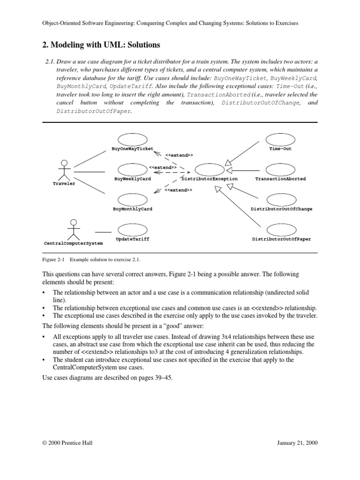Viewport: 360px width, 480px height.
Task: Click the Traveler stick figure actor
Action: pos(64,170)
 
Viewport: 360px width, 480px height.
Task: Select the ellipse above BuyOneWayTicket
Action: pos(132,139)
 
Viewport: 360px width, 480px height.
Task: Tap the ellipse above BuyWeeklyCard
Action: pos(132,169)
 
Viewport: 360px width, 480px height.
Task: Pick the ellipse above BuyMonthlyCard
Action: pos(132,200)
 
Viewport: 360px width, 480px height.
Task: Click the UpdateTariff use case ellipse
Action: pos(132,230)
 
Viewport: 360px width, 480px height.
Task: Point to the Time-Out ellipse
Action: pos(280,139)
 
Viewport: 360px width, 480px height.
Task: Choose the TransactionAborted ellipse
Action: pos(280,169)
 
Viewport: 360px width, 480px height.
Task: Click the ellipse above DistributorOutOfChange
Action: pos(280,200)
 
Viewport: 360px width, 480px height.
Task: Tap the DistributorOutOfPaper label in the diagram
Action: pos(281,239)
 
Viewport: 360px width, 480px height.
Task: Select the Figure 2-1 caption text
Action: pos(91,259)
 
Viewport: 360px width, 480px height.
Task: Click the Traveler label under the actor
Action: pos(64,184)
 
